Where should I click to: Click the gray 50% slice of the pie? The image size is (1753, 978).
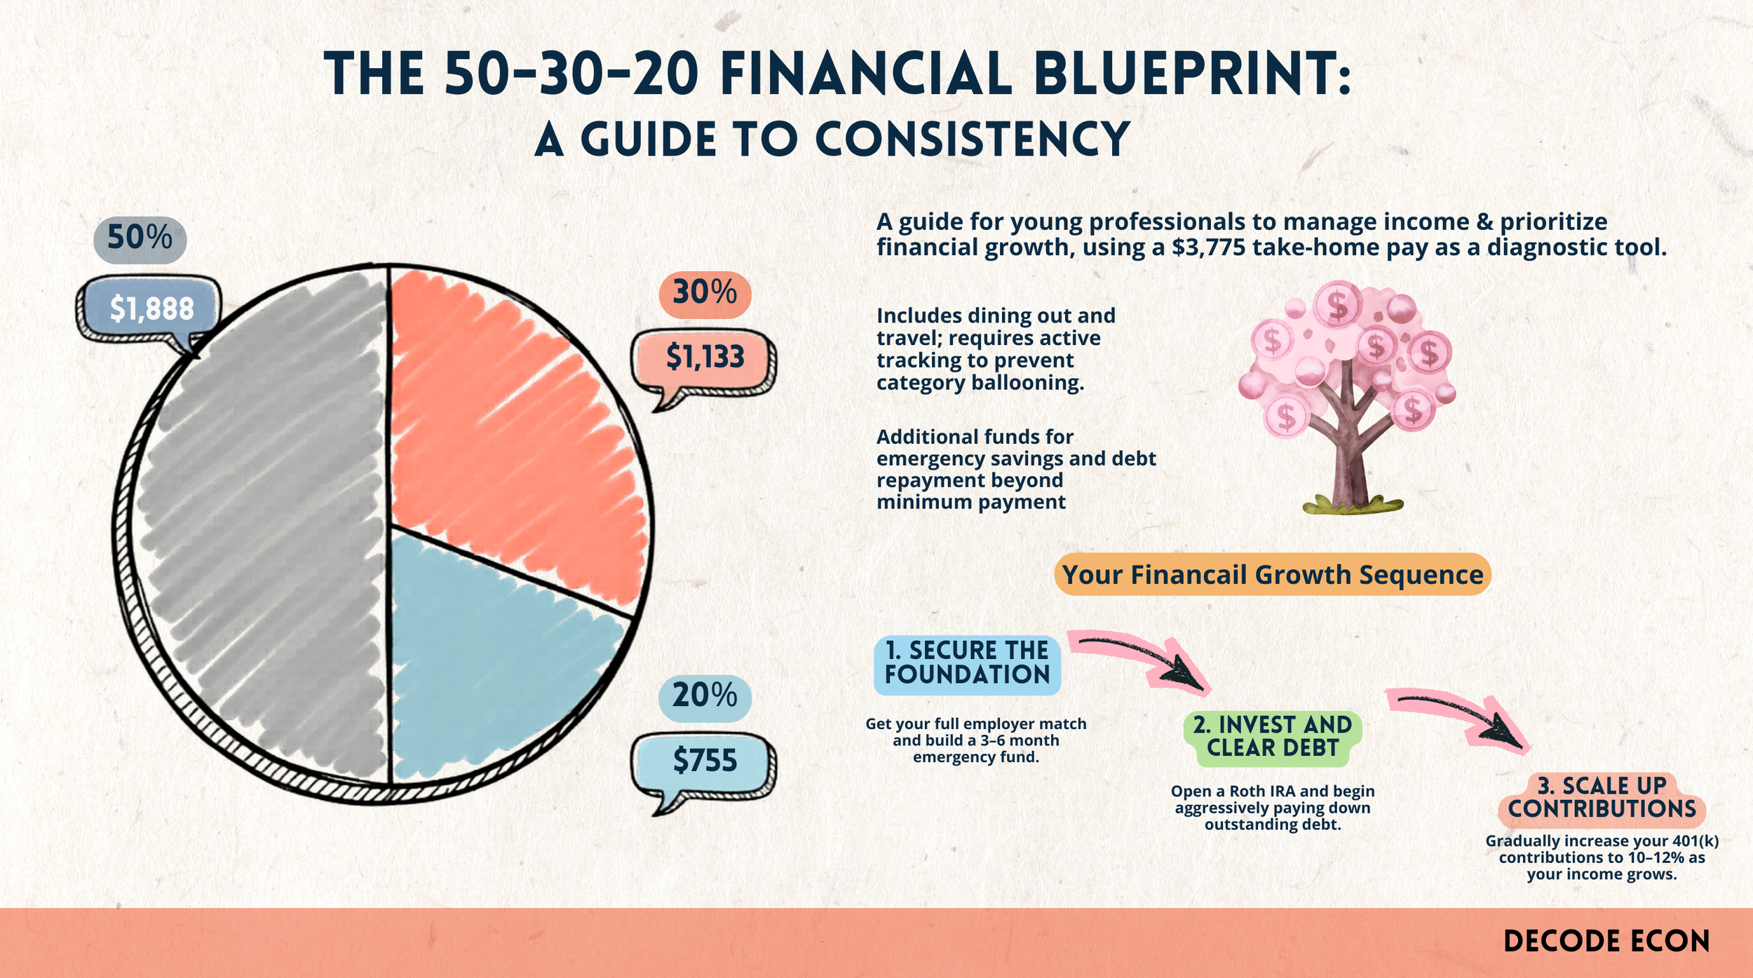tap(259, 526)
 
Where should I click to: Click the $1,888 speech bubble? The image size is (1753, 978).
tap(150, 309)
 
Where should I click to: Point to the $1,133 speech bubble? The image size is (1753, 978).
tap(704, 358)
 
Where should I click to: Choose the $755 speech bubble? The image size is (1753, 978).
tap(704, 761)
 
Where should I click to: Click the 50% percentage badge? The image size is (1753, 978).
tap(140, 238)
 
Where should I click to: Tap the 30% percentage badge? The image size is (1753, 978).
tap(705, 293)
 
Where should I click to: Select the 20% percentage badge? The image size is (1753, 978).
tap(705, 697)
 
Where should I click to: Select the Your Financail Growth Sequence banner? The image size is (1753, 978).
tap(1272, 575)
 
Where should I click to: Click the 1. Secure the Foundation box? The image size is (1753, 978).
tap(967, 663)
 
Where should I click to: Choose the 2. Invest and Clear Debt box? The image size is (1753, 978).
tap(1272, 737)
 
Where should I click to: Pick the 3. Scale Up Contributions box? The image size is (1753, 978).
tap(1602, 798)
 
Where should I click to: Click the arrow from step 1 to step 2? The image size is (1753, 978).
tap(1143, 659)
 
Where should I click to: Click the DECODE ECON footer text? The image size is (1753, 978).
tap(1606, 942)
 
